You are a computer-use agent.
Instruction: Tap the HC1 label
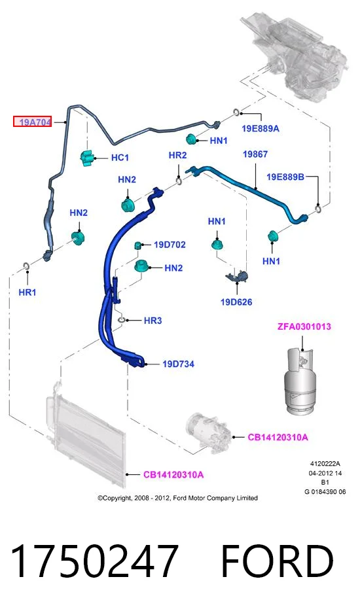(x=120, y=158)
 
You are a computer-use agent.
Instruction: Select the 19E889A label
(x=261, y=128)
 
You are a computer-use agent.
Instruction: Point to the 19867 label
(x=255, y=154)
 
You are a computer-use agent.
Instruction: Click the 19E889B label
(x=285, y=177)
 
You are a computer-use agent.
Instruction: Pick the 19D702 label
(x=170, y=245)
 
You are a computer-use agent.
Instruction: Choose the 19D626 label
(x=236, y=302)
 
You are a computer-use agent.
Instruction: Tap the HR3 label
(x=153, y=321)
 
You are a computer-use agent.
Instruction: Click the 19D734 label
(x=179, y=364)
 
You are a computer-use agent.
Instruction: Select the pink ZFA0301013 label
(x=304, y=326)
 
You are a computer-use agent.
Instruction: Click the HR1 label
(x=27, y=292)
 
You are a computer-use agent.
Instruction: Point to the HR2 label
(x=177, y=155)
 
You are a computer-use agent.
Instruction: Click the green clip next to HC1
(x=87, y=158)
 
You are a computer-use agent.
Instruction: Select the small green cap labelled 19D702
(x=138, y=245)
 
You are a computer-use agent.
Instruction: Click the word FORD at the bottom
(x=277, y=561)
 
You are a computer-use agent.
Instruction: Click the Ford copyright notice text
(x=177, y=498)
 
